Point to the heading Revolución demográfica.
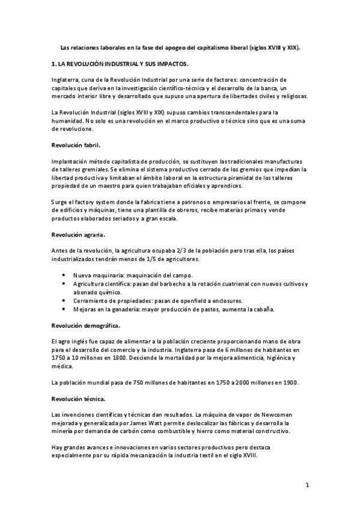coord(85,325)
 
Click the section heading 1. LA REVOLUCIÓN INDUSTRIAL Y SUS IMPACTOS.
coord(120,63)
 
